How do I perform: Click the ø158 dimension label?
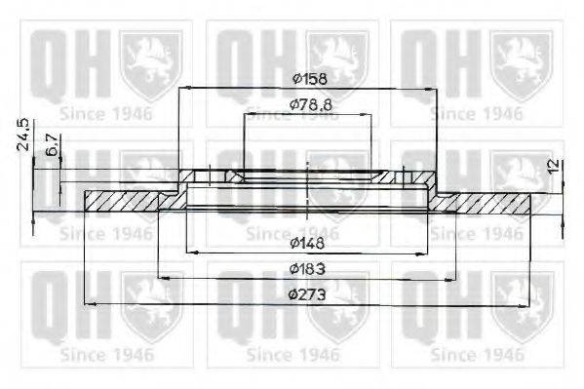[307, 78]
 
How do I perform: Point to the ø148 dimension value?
[307, 239]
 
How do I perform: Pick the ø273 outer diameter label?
[307, 293]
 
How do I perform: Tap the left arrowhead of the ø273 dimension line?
[91, 304]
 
